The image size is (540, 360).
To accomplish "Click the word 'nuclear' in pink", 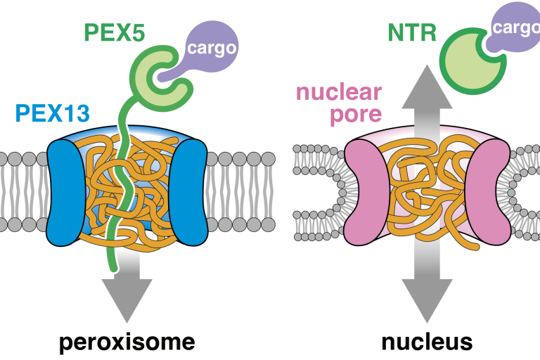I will [339, 91].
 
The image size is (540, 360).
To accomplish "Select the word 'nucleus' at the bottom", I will [426, 342].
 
